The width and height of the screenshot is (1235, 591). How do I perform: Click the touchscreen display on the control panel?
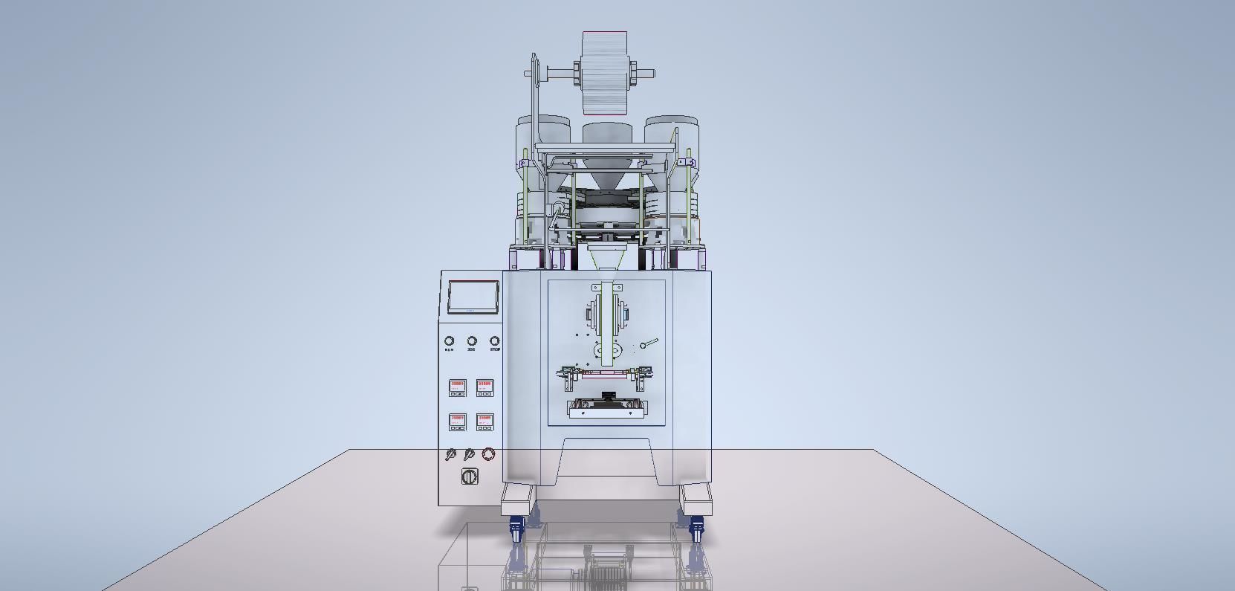(x=473, y=296)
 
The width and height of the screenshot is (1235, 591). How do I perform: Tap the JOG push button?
(x=472, y=341)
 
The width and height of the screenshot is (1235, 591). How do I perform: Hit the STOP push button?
(x=495, y=341)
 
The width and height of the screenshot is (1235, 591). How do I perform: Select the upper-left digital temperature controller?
(x=457, y=387)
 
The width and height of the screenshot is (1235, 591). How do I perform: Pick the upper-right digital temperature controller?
(x=484, y=387)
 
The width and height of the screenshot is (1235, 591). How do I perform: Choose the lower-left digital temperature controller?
(x=457, y=422)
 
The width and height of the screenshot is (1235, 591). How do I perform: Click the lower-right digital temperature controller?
(x=484, y=422)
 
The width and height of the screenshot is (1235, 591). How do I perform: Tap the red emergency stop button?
(x=488, y=453)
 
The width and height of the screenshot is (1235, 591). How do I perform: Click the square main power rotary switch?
(x=470, y=477)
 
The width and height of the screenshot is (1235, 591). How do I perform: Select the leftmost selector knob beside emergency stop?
(x=450, y=454)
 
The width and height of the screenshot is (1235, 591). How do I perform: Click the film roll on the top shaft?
(x=604, y=73)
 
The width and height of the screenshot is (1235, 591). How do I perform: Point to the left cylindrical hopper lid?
(x=543, y=121)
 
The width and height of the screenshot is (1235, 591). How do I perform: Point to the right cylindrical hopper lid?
(x=671, y=121)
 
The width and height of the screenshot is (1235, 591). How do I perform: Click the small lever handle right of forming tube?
(x=649, y=343)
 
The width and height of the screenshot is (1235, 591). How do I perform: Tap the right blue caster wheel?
(x=696, y=530)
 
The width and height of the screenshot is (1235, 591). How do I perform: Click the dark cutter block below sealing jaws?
(x=609, y=395)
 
